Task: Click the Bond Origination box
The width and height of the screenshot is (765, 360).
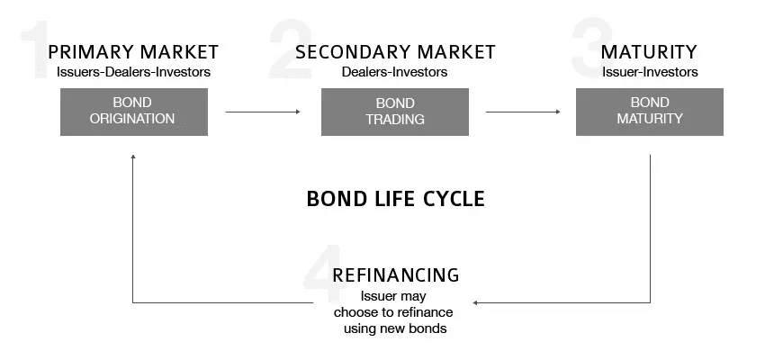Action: click(x=134, y=112)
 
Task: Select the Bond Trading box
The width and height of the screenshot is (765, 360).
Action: click(x=395, y=112)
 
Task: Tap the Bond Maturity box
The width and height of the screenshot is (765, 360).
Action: click(x=650, y=112)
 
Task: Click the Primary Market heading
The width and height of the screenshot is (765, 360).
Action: click(x=133, y=51)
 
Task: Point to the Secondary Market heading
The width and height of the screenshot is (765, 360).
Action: click(x=395, y=51)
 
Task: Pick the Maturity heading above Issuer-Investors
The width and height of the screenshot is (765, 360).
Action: click(x=649, y=51)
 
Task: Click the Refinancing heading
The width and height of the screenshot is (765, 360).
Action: click(x=396, y=275)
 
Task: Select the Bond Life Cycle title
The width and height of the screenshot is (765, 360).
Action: click(x=396, y=199)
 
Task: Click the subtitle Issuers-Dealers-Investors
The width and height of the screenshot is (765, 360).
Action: click(x=134, y=72)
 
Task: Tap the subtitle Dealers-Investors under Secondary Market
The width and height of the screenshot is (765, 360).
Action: click(x=394, y=72)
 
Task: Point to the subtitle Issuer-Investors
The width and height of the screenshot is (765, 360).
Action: click(x=650, y=72)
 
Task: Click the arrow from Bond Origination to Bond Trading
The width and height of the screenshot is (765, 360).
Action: click(x=263, y=112)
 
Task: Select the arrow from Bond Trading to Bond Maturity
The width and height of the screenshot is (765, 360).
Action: click(x=523, y=112)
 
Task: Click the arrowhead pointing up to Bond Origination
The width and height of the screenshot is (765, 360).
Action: click(x=132, y=157)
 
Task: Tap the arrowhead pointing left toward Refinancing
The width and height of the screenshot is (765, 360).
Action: click(x=474, y=303)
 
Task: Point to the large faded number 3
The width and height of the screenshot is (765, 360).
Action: click(x=593, y=48)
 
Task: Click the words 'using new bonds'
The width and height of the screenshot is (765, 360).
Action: click(x=395, y=328)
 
